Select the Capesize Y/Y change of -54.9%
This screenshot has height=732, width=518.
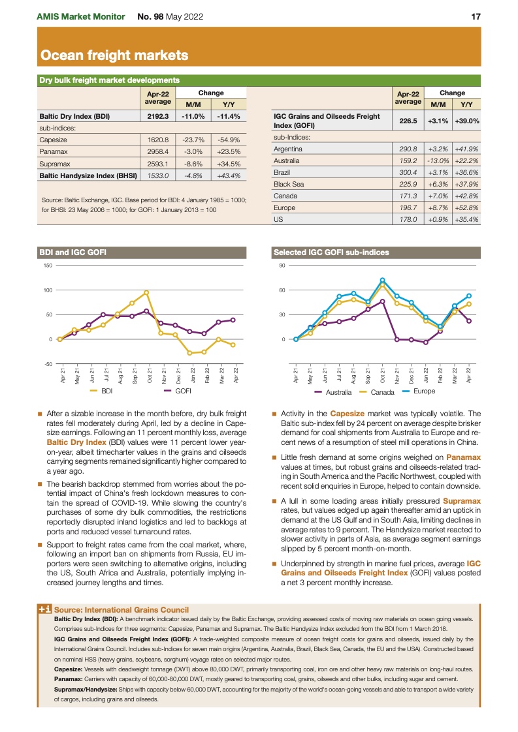tap(229, 140)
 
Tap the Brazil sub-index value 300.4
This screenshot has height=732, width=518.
tap(408, 172)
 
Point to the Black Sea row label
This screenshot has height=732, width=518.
tap(289, 184)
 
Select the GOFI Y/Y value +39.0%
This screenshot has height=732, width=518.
tap(467, 121)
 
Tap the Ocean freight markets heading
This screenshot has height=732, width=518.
tap(114, 55)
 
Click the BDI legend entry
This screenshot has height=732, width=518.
tap(101, 391)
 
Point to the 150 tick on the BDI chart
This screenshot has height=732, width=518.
tap(48, 266)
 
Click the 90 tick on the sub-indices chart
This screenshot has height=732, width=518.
tap(282, 266)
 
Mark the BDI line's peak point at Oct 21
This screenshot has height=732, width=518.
tap(146, 292)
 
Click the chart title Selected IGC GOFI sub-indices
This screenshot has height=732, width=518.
tap(331, 252)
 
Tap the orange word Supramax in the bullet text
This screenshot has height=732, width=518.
tap(461, 501)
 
